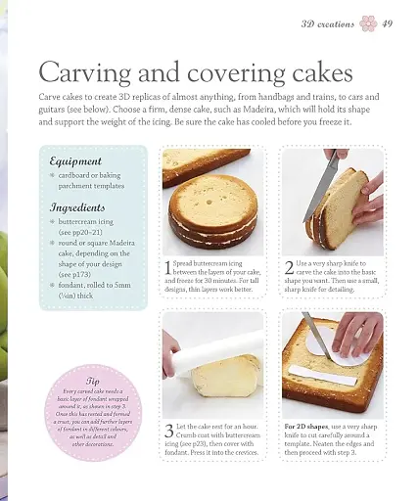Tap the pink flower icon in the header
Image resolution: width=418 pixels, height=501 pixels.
(367, 23)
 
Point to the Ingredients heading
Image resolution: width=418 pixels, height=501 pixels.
(79, 207)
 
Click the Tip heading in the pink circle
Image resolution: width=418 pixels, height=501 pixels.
(93, 382)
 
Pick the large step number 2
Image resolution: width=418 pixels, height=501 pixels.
(289, 267)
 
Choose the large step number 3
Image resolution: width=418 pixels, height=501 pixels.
(168, 432)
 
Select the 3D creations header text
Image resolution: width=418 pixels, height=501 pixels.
(327, 23)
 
